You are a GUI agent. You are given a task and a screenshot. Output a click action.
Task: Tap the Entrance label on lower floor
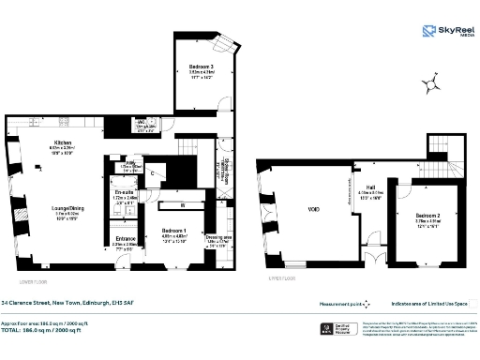(x=126, y=239)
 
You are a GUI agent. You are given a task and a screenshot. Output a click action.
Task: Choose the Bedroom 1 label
(x=174, y=231)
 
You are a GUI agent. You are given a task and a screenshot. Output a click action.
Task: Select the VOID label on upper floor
(x=314, y=209)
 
